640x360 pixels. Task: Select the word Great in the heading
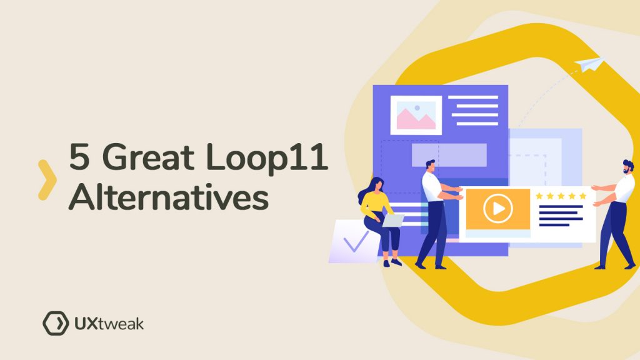click(148, 156)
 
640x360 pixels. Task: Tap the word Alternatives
click(169, 197)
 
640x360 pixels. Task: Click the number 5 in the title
click(79, 156)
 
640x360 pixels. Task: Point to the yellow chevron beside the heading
click(47, 180)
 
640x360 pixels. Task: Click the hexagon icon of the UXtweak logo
click(56, 323)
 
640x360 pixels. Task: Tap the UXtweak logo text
click(109, 324)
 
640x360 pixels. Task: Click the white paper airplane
click(589, 64)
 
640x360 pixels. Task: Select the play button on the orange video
click(497, 209)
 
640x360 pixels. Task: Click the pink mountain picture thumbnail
click(416, 115)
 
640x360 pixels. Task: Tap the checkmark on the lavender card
click(356, 242)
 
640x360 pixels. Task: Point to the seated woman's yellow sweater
click(375, 205)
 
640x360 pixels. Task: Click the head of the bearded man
click(628, 166)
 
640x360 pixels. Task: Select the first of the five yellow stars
click(539, 196)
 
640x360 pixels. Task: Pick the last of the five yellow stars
click(582, 196)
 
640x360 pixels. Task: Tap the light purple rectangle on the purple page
click(449, 155)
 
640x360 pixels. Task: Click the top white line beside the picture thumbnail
click(473, 97)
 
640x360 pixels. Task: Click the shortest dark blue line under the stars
click(554, 225)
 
